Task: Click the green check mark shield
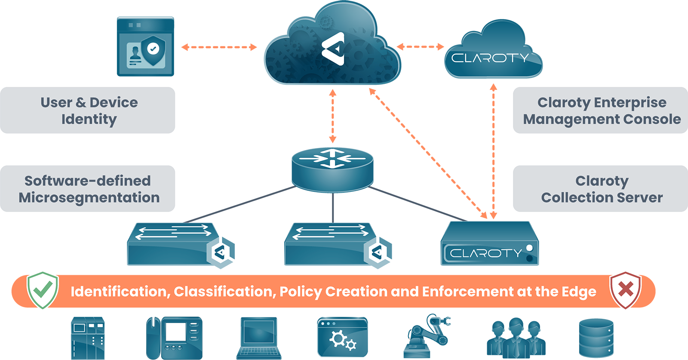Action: click(43, 290)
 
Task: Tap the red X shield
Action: click(625, 290)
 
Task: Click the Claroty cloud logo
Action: click(490, 57)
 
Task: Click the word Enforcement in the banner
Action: click(467, 292)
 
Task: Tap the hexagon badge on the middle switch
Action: click(377, 253)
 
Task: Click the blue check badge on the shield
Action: click(153, 49)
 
